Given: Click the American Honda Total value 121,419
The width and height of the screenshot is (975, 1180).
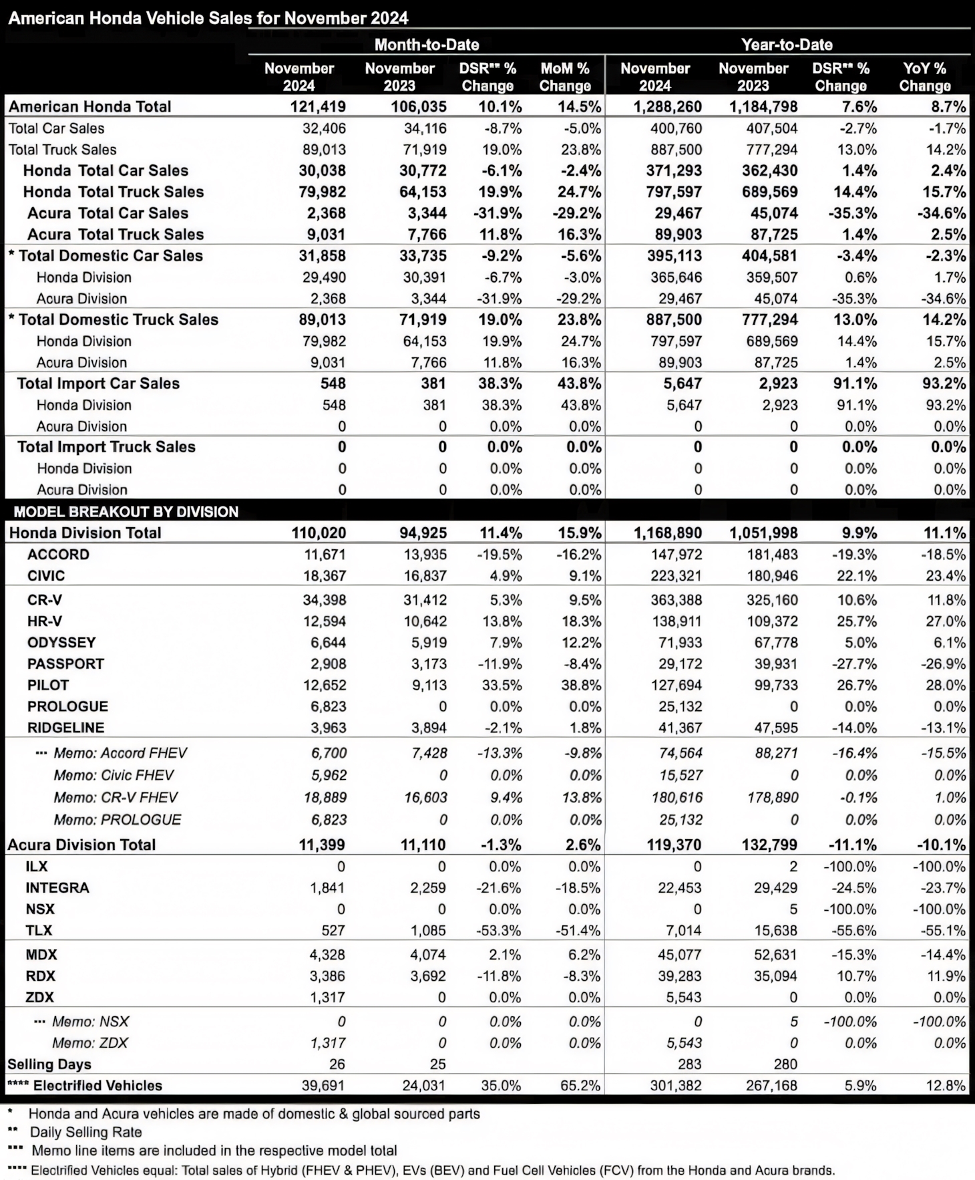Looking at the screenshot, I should pos(317,107).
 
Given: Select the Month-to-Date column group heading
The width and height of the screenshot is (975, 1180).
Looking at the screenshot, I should pos(426,45).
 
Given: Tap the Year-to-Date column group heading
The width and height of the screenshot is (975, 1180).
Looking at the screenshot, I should pos(787,45).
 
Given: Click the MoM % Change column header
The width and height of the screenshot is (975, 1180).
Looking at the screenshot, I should pos(564,77).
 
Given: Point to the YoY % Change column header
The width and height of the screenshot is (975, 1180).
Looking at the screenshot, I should pos(924,77).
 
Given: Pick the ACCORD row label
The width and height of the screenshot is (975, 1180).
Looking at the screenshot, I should pos(58,555).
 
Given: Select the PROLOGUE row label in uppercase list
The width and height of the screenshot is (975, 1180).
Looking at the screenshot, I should pos(67,706).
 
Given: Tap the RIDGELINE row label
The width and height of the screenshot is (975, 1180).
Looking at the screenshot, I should pos(65,728).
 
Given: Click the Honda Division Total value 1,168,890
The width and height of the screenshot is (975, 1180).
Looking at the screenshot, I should pos(666,533).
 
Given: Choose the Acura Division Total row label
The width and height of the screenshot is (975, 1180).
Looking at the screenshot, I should pos(81,845).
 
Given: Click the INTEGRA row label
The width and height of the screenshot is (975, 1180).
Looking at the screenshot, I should pos(57,888).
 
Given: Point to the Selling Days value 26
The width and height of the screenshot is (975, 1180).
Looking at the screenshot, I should pos(337,1064).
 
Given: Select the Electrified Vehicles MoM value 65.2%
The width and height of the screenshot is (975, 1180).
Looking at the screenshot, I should pos(580,1086).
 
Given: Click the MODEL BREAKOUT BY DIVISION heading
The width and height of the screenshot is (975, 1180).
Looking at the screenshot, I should pos(126,512).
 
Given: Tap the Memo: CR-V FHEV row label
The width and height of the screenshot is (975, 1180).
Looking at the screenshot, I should pos(116,797).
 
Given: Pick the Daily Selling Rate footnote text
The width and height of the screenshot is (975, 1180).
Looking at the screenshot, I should pos(85,1132).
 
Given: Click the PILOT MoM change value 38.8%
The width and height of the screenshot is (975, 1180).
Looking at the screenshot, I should pos(580,685).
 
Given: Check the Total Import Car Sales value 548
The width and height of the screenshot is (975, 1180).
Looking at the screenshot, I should pos(333,384).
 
